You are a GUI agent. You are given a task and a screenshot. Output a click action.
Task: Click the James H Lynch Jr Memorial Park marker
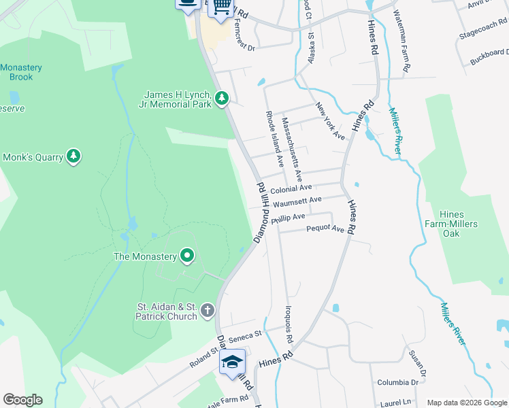pyautogui.click(x=221, y=99)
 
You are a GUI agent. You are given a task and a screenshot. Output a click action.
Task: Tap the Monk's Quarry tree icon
pyautogui.click(x=73, y=157)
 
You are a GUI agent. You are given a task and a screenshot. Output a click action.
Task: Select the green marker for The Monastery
pyautogui.click(x=187, y=256)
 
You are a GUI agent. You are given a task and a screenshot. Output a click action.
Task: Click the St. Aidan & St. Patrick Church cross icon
pyautogui.click(x=208, y=311)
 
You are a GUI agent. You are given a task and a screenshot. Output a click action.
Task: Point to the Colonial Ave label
pyautogui.click(x=291, y=188)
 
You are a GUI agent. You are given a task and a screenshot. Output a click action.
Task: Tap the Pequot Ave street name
pyautogui.click(x=325, y=229)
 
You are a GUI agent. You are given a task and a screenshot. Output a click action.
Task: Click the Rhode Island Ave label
pyautogui.click(x=274, y=140)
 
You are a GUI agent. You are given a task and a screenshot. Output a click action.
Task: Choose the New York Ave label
pyautogui.click(x=331, y=121)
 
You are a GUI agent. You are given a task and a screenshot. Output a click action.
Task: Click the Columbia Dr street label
pyautogui.click(x=397, y=382)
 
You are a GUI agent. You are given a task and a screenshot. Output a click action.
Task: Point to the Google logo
pyautogui.click(x=22, y=400)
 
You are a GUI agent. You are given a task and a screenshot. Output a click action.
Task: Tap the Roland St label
pyautogui.click(x=202, y=359)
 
